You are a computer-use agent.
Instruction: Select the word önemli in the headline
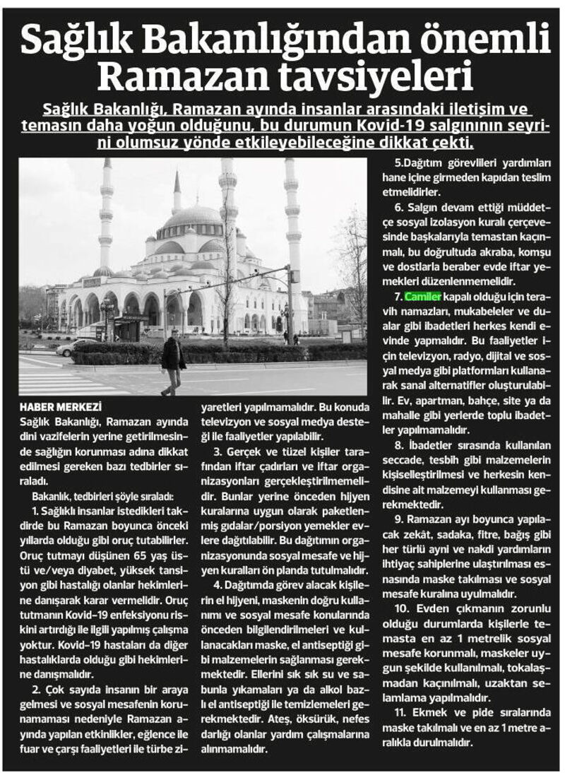480,39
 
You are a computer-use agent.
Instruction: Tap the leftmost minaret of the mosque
107,212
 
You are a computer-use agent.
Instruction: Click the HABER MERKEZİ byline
60,407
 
